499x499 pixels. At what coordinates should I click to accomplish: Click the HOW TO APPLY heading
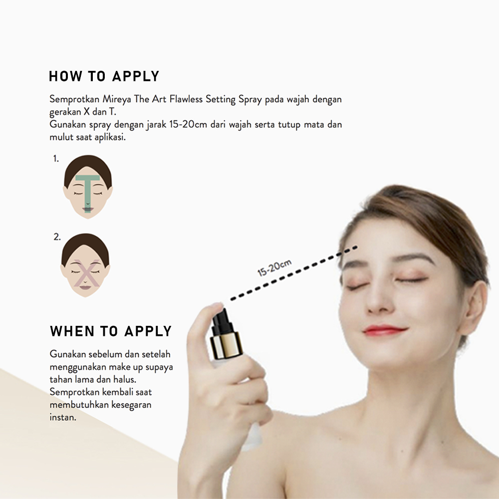(104, 76)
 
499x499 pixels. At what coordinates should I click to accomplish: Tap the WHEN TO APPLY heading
(111, 331)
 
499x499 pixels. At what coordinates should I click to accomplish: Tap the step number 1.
(56, 159)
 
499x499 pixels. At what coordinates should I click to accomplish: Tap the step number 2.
(57, 238)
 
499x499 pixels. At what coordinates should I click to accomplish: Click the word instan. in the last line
(63, 417)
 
